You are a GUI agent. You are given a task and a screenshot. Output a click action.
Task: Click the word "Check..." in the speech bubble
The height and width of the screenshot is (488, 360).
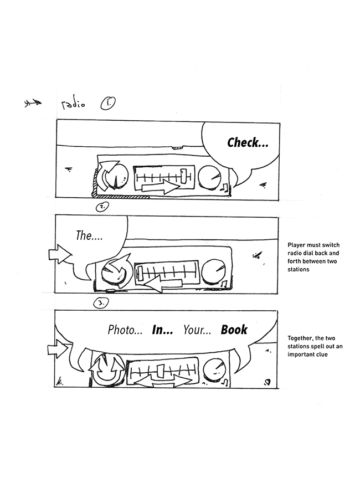click(248, 143)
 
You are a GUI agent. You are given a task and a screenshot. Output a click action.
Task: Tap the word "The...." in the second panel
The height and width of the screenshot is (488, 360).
click(90, 235)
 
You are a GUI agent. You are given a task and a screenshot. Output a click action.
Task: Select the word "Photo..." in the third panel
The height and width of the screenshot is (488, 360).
click(125, 331)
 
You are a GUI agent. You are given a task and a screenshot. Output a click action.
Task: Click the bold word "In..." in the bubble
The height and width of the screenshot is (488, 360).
click(163, 331)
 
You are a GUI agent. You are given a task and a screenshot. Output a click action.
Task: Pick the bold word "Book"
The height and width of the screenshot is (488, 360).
click(234, 330)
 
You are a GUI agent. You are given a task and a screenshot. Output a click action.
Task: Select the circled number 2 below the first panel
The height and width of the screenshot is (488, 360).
click(102, 207)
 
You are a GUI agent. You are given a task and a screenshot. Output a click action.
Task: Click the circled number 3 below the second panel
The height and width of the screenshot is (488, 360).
click(101, 303)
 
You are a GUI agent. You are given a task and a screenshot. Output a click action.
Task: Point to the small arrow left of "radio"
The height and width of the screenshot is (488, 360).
click(33, 103)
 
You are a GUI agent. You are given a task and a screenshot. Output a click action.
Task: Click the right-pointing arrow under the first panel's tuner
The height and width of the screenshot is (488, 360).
click(161, 188)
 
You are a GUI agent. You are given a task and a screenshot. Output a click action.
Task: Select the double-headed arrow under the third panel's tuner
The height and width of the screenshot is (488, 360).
click(160, 382)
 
